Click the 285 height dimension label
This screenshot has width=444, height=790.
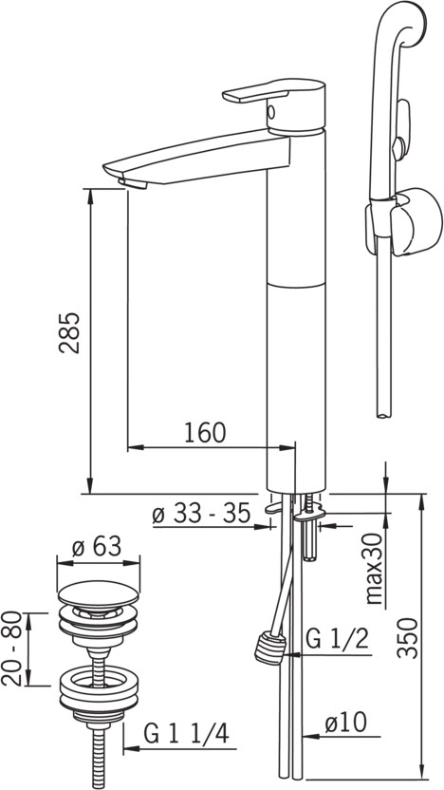click(x=69, y=333)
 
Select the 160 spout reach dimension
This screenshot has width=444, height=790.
click(x=205, y=433)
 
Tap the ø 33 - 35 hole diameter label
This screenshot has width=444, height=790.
click(x=201, y=514)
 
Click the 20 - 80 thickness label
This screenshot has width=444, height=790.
click(x=12, y=649)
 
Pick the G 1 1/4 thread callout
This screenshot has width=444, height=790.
click(x=186, y=734)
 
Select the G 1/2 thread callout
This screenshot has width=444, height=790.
click(x=338, y=640)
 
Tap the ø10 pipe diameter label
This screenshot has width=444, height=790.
click(x=345, y=723)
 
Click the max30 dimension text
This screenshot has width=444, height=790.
click(x=374, y=569)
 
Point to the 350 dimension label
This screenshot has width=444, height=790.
click(x=407, y=637)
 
